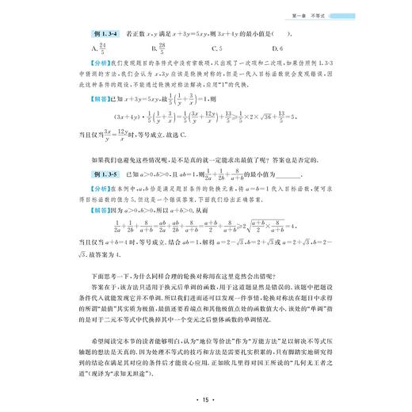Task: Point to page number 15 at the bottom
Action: (x=205, y=396)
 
